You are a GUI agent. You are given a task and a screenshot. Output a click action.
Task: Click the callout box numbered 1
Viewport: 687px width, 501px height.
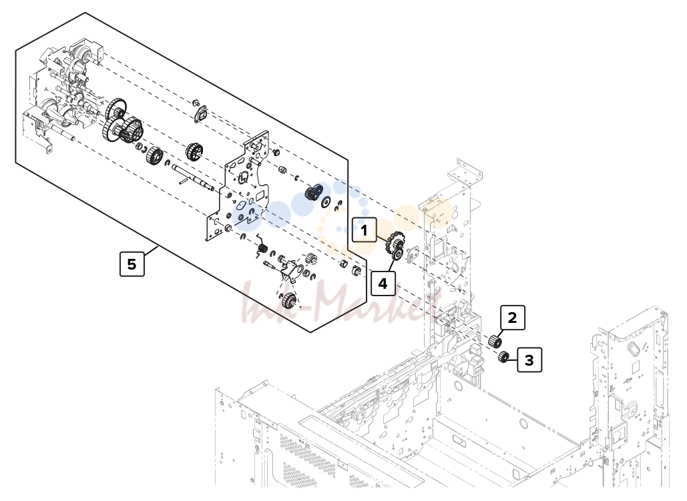pyautogui.click(x=364, y=229)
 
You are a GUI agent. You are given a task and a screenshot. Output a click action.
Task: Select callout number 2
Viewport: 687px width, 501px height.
pyautogui.click(x=512, y=318)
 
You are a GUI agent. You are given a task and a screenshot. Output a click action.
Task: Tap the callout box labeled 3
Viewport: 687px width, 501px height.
pyautogui.click(x=529, y=360)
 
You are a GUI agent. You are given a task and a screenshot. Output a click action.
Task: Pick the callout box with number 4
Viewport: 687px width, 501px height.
pyautogui.click(x=383, y=284)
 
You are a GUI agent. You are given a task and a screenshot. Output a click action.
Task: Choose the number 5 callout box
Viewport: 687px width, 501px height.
pyautogui.click(x=132, y=264)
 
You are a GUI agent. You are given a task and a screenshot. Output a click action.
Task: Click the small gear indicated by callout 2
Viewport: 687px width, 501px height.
pyautogui.click(x=495, y=341)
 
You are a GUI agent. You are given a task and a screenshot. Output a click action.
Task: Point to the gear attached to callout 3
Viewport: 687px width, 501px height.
pyautogui.click(x=503, y=357)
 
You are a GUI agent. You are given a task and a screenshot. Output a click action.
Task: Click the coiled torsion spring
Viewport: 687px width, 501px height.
pyautogui.click(x=262, y=247)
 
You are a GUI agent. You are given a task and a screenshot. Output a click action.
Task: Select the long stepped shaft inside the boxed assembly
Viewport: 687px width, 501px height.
pyautogui.click(x=193, y=177)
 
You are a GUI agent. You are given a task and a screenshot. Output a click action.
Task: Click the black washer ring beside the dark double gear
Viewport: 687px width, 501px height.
pyautogui.click(x=326, y=202)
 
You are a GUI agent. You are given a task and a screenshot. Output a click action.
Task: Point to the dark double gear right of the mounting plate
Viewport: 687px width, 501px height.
pyautogui.click(x=314, y=192)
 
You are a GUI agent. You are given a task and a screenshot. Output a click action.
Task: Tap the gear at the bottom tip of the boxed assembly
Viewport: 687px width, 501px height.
pyautogui.click(x=288, y=300)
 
